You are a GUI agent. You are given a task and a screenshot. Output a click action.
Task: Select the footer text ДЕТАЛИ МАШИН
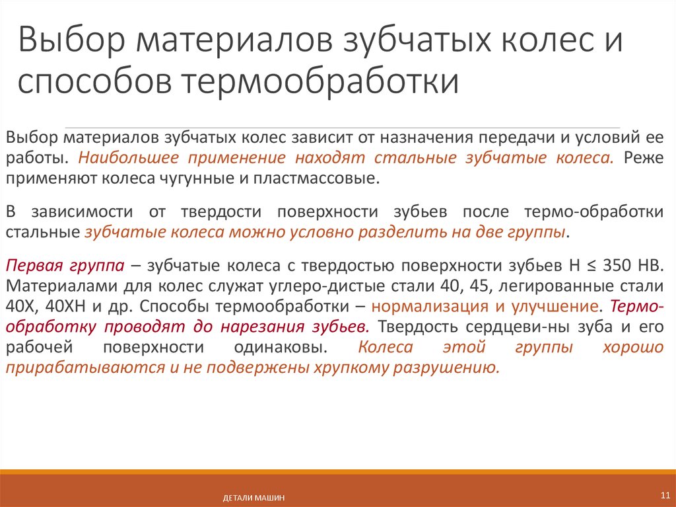(253, 498)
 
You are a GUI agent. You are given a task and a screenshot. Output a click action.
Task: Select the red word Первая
(30, 267)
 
